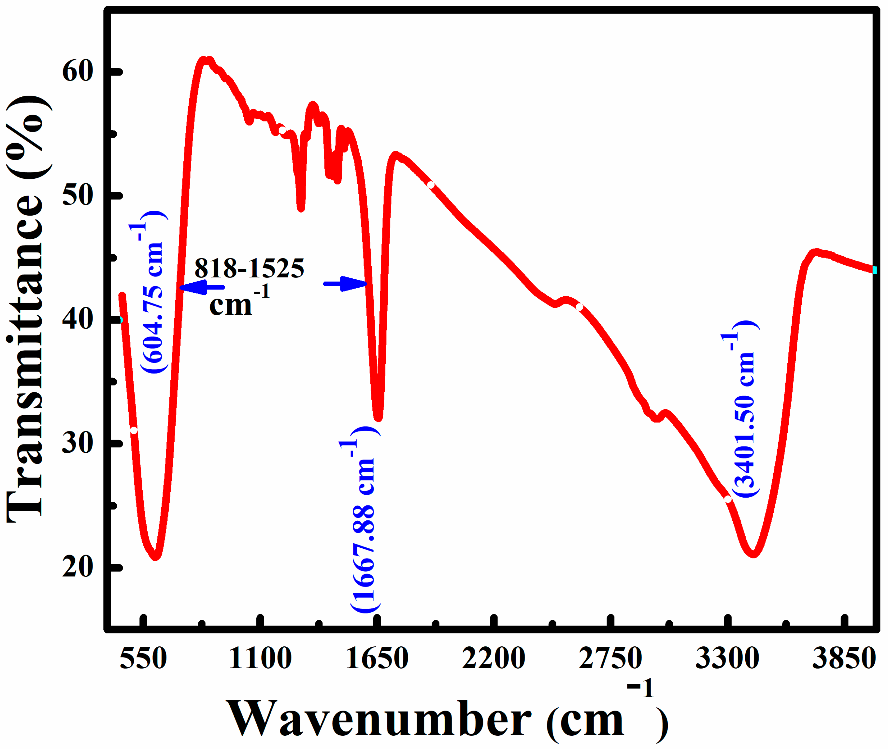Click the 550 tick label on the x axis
click(x=143, y=658)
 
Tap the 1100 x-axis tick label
click(x=260, y=658)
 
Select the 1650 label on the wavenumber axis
click(x=377, y=658)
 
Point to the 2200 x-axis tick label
click(x=494, y=658)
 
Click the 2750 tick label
click(x=610, y=658)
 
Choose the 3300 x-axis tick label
click(x=727, y=658)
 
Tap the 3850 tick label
click(x=844, y=658)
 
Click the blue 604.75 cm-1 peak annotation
click(x=152, y=292)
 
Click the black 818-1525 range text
click(x=249, y=268)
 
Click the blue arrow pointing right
click(x=345, y=284)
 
